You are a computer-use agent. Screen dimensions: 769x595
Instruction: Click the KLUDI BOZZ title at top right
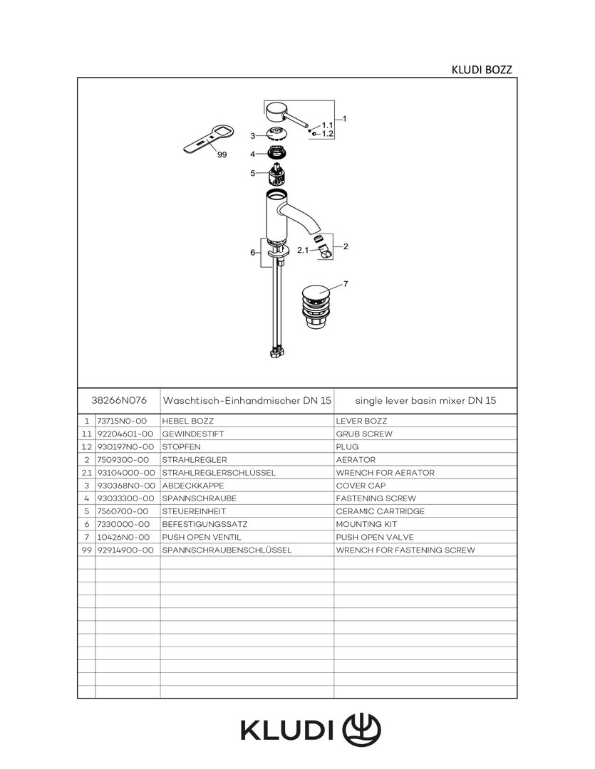click(x=482, y=70)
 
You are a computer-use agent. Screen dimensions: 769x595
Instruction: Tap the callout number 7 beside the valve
click(x=346, y=284)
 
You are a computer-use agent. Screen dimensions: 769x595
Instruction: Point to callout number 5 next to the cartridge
click(x=252, y=173)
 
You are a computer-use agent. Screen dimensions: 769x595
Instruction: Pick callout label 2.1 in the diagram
click(x=302, y=251)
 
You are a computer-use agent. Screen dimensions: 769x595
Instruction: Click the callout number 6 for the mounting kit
click(x=252, y=253)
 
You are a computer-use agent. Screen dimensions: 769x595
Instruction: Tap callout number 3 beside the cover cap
click(x=252, y=135)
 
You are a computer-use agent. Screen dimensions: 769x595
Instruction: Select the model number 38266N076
click(x=119, y=401)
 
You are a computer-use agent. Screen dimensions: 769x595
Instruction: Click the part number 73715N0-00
click(x=122, y=421)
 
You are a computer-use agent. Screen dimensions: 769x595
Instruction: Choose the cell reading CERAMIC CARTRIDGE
click(x=380, y=511)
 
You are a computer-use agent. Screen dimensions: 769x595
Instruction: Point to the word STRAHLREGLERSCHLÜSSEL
click(x=219, y=473)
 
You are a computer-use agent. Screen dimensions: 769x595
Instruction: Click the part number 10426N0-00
click(x=123, y=537)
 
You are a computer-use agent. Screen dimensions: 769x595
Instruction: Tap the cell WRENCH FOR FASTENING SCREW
click(x=405, y=550)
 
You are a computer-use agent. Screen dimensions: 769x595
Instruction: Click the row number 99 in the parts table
click(x=86, y=550)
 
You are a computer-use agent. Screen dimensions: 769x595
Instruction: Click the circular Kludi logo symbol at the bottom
click(x=362, y=729)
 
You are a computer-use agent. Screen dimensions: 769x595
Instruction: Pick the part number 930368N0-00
click(x=125, y=486)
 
